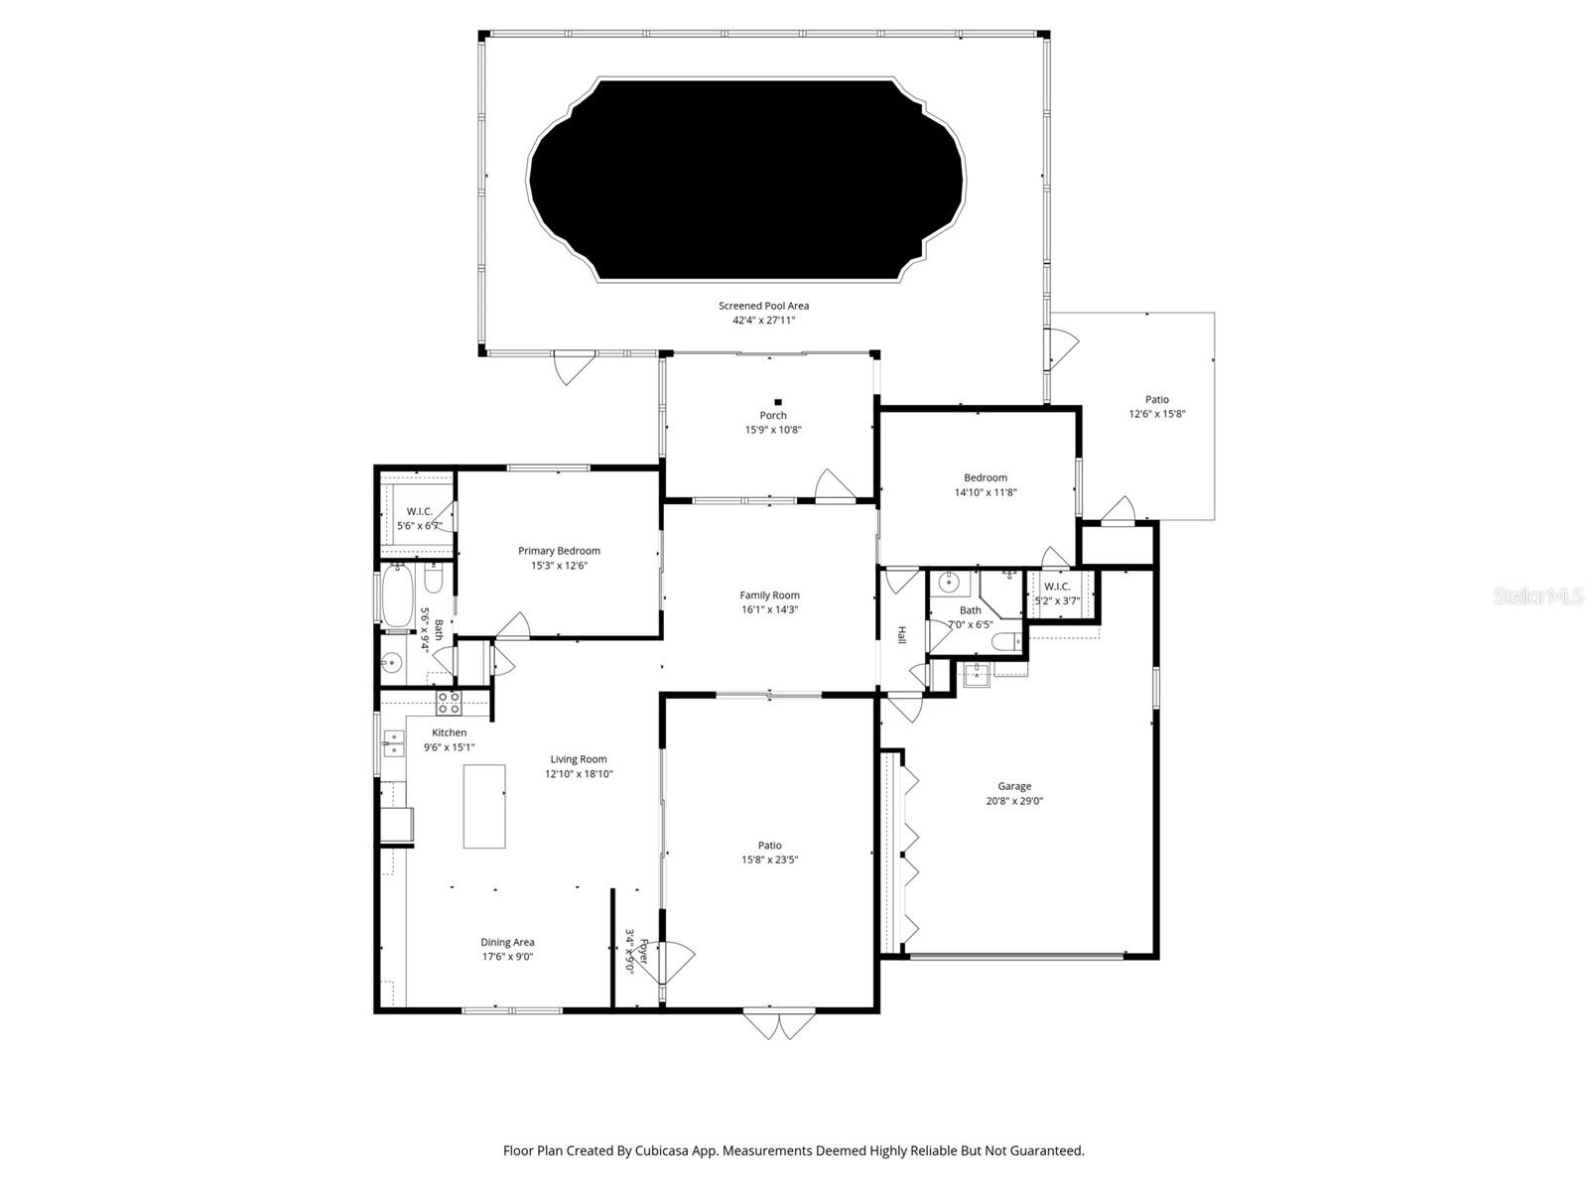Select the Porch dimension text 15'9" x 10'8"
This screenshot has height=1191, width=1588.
773,430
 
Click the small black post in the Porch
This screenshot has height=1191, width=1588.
777,402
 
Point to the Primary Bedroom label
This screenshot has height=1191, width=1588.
559,551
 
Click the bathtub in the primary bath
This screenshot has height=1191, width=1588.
397,595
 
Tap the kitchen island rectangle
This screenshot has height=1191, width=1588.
484,806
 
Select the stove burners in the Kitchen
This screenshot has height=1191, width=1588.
449,704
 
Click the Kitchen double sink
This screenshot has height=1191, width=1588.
394,742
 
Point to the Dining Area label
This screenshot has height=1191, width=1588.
507,942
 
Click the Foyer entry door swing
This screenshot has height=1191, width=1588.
677,958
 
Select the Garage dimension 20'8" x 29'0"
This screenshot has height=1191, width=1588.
1014,800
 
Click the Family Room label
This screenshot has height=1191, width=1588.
769,595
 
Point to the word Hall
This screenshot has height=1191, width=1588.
902,634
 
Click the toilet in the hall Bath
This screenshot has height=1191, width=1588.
1007,643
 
